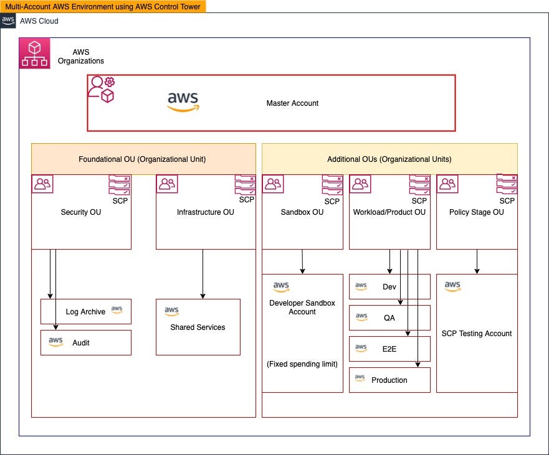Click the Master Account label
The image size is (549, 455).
(292, 103)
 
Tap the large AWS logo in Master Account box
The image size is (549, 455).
(183, 102)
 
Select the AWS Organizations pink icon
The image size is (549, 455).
(35, 53)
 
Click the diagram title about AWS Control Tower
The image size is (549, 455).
(103, 6)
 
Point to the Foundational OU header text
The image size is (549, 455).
(142, 159)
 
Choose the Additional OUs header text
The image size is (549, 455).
(389, 159)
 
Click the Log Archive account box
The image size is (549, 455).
(86, 311)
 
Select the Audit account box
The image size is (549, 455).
(86, 342)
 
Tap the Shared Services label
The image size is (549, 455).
(198, 327)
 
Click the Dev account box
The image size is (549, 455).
(389, 287)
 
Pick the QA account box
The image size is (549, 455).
(389, 317)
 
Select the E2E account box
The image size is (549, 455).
(389, 349)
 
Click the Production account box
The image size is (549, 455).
(389, 380)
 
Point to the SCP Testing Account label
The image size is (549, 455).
(477, 334)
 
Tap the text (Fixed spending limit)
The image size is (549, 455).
(302, 364)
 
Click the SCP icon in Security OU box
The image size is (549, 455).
(120, 186)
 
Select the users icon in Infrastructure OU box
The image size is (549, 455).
(167, 184)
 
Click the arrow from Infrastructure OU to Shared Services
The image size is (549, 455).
(203, 274)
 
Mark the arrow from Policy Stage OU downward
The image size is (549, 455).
(477, 261)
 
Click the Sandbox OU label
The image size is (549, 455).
(302, 212)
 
